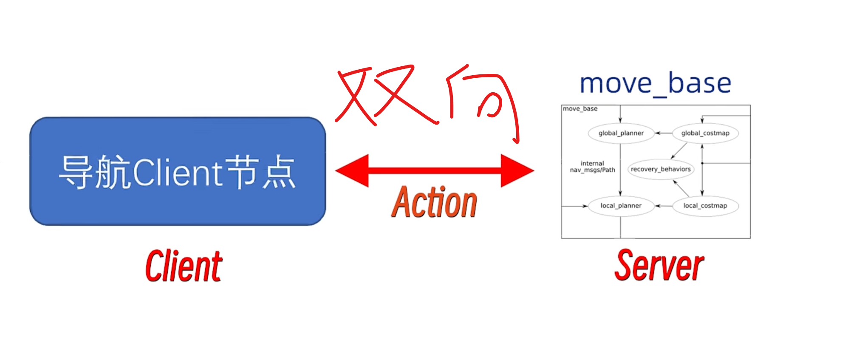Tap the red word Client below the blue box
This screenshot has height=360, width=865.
pos(184,266)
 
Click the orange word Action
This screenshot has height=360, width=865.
pos(434,202)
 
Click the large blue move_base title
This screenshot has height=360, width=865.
pos(656,83)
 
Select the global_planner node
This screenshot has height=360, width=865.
pos(621,133)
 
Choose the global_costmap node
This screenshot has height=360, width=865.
pos(705,133)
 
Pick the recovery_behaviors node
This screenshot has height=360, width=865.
pos(661,169)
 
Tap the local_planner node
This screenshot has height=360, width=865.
pos(621,206)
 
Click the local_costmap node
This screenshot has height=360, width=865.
pos(705,206)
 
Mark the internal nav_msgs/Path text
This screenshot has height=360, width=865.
pos(592,167)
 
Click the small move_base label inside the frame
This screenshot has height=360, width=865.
pos(580,109)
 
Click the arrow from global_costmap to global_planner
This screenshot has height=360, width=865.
pos(663,133)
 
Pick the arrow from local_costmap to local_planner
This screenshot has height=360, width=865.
pos(663,206)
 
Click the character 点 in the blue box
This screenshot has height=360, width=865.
pos(279,172)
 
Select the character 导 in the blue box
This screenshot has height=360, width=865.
pos(76,172)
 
